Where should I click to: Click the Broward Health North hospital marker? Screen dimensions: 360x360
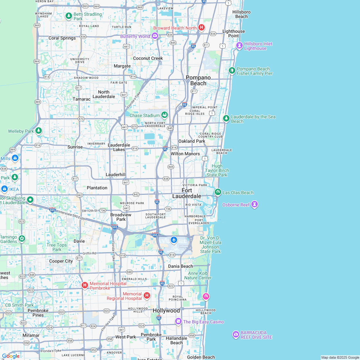point(201,28)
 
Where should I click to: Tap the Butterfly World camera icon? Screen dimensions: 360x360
point(155,36)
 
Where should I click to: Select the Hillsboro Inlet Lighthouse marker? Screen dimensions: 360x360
point(239,45)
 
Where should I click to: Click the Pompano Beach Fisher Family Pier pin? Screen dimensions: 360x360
point(232,70)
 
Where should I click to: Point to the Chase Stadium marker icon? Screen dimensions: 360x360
point(164,115)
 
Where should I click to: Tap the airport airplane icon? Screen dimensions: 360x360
point(174,240)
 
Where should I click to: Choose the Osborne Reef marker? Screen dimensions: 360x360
point(255,204)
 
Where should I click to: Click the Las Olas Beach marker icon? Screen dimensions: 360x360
point(218,192)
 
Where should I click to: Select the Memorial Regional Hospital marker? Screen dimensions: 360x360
point(147,295)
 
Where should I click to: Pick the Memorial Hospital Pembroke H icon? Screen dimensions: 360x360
point(85,285)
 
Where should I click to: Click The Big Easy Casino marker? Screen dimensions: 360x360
point(178,321)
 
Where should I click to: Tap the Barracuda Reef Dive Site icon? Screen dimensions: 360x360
point(236,335)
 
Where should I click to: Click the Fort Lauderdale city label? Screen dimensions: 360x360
point(187,193)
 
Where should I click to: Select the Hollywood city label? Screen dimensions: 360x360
point(166,310)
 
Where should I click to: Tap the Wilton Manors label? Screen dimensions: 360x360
point(185,154)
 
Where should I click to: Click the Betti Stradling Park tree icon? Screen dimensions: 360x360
point(68,16)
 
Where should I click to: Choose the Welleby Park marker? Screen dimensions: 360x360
point(39,130)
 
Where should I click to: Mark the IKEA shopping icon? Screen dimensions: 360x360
point(4,189)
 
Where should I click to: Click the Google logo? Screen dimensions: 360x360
point(11,356)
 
